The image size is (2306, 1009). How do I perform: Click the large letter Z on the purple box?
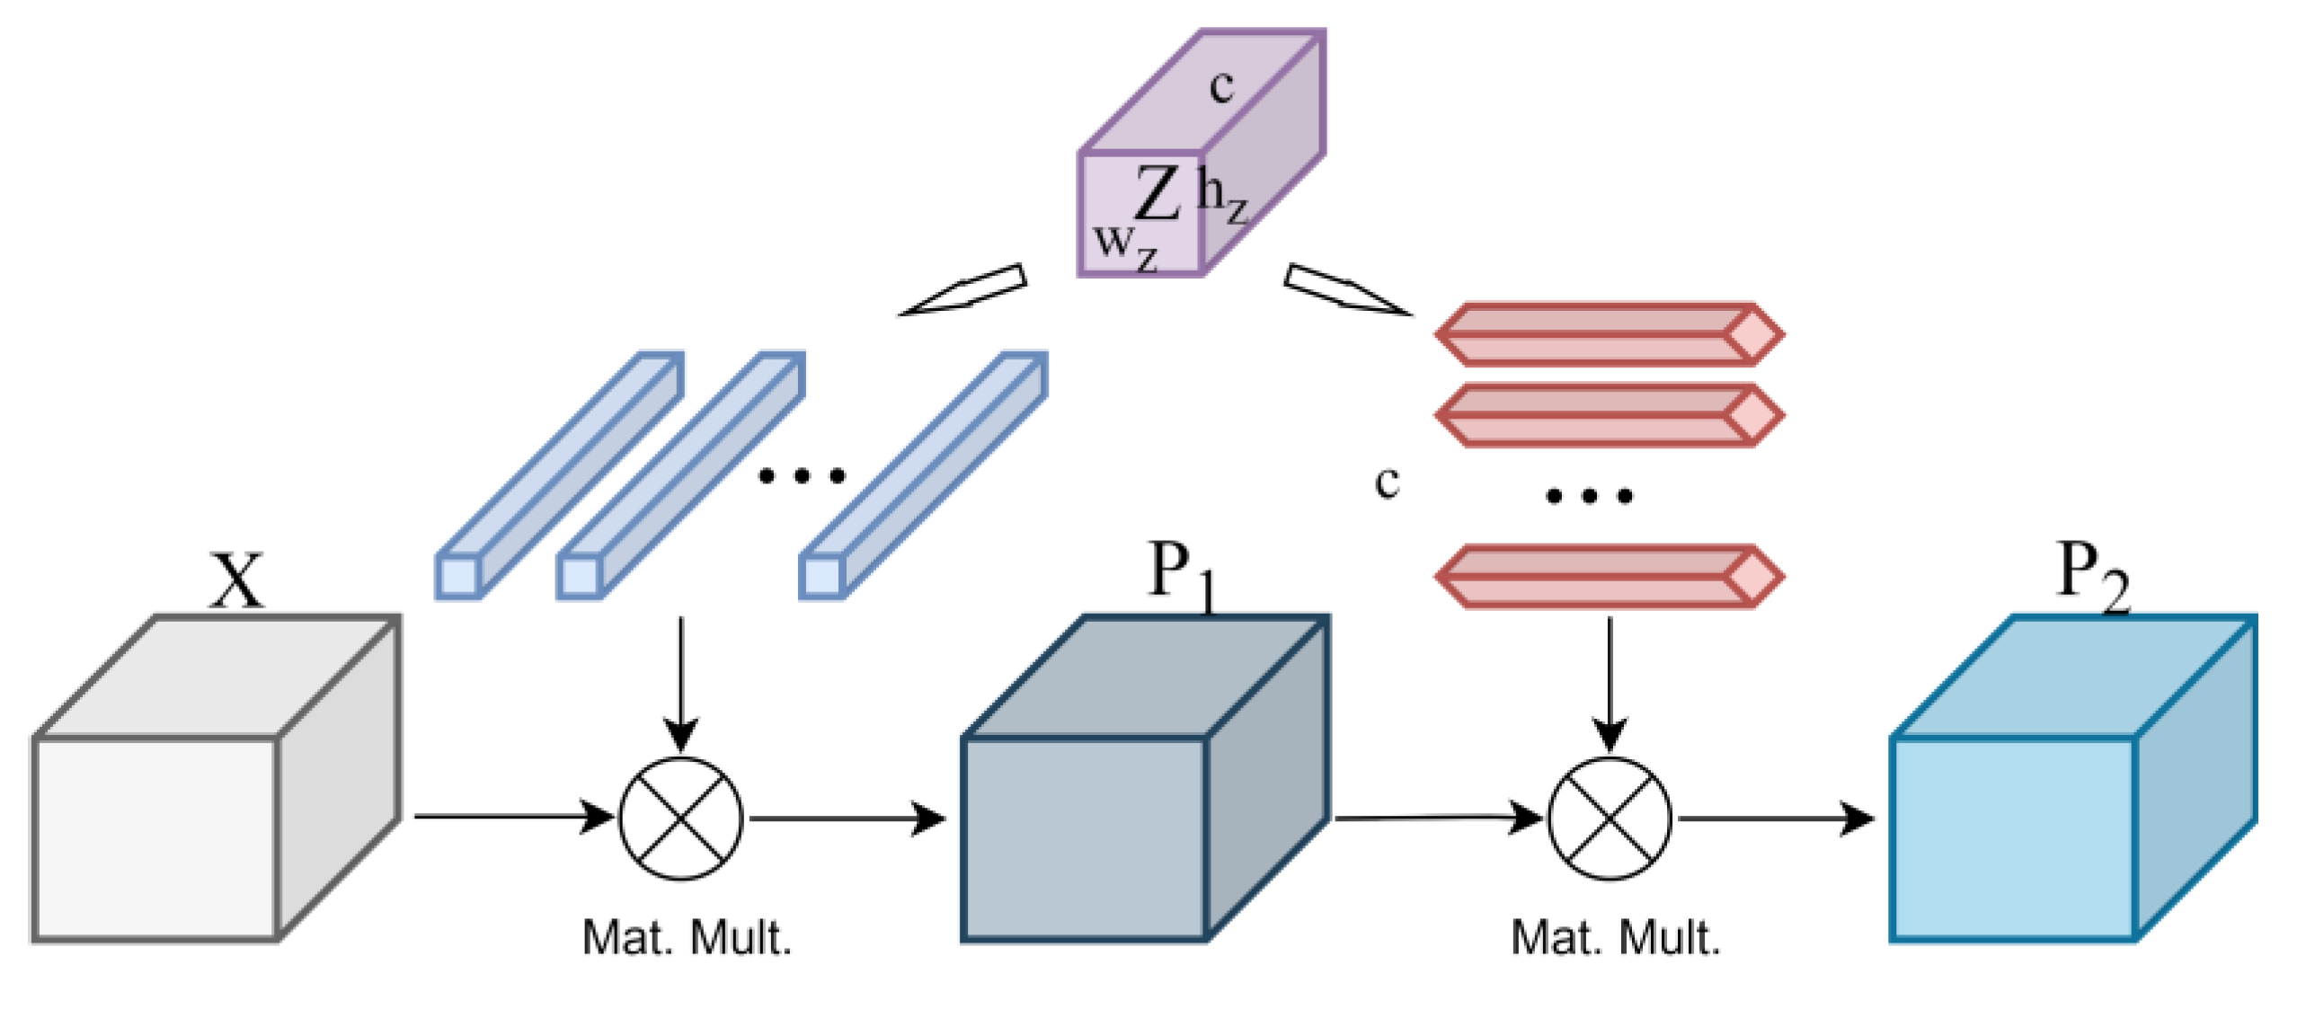click(1157, 192)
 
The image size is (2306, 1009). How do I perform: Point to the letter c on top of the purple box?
click(1221, 86)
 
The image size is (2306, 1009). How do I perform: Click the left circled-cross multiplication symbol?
click(681, 819)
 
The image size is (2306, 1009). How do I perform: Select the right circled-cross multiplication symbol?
click(1610, 819)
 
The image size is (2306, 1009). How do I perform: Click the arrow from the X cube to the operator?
click(512, 817)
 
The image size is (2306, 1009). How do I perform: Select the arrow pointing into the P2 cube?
click(1775, 819)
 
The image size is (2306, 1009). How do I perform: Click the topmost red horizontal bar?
click(1609, 334)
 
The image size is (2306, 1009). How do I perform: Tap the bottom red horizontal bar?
click(1609, 576)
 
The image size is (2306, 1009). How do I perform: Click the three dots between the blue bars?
click(802, 475)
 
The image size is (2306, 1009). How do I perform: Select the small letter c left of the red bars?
click(1387, 482)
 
